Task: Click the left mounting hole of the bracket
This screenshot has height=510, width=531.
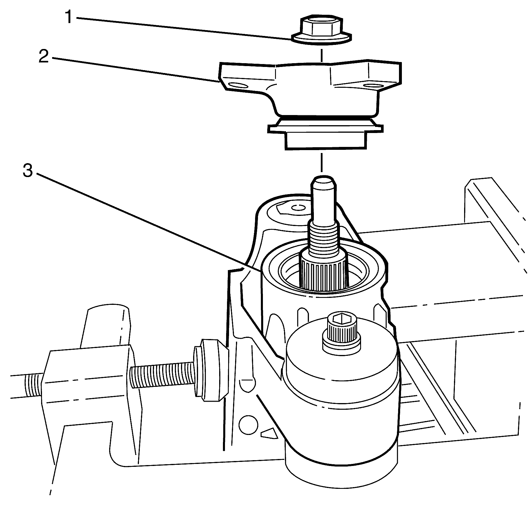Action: (238, 86)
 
